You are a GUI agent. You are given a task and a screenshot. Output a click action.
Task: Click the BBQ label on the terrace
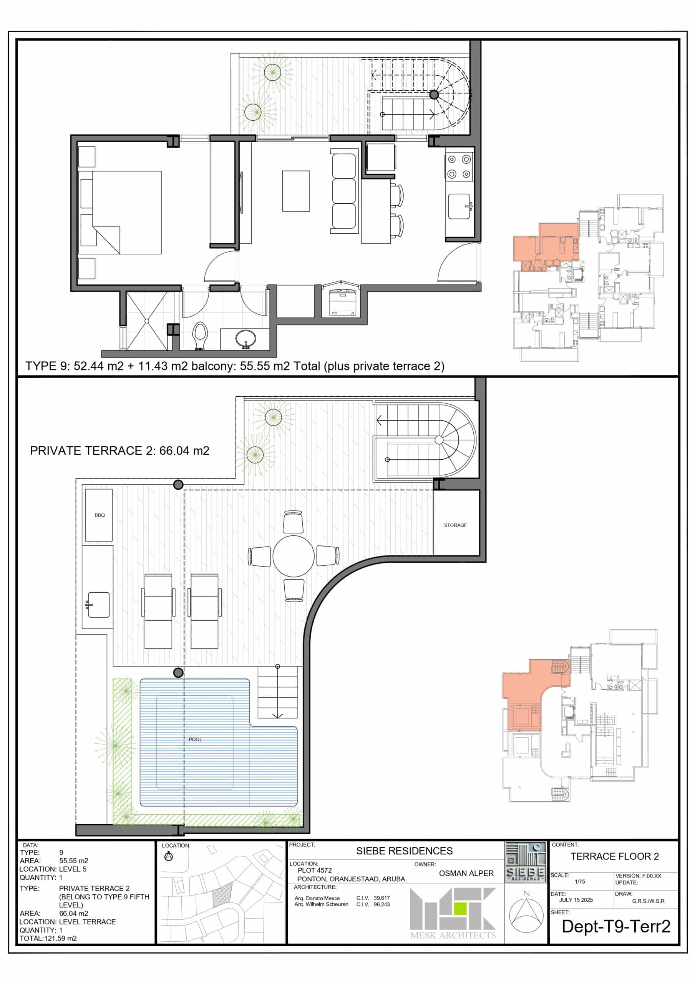[x=100, y=515]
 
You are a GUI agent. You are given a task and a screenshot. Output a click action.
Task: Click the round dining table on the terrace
[x=294, y=556]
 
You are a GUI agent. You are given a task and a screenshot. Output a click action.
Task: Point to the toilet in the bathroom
[x=200, y=336]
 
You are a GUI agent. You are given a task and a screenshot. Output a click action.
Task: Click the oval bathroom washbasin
[x=245, y=338]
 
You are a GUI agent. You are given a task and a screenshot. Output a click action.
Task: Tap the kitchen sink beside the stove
[x=459, y=206]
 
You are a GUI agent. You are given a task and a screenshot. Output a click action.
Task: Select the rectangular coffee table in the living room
[x=296, y=191]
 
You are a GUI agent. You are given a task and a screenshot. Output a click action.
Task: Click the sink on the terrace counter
[x=99, y=605]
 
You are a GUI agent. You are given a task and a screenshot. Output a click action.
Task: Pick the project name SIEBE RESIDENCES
[x=404, y=851]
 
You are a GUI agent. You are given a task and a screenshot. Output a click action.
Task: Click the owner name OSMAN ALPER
[x=466, y=873]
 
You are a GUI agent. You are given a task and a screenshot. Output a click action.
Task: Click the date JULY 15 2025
[x=576, y=900]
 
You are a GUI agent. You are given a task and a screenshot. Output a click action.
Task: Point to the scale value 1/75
[x=580, y=882]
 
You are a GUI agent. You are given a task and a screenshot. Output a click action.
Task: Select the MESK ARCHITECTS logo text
[x=453, y=935]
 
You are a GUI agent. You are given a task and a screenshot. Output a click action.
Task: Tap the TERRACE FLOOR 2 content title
[x=614, y=856]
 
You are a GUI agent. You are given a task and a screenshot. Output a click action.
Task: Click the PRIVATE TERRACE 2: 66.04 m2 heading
[x=119, y=451]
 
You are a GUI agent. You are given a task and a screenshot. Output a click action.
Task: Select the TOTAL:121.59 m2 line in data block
[x=48, y=938]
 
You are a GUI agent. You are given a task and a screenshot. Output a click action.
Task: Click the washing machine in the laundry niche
[x=342, y=303]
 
